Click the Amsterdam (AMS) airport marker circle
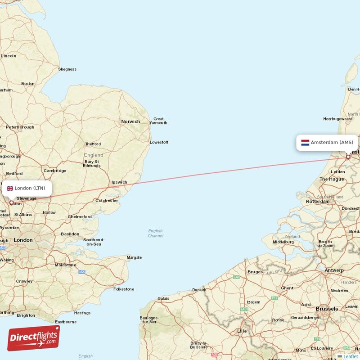point(348,157)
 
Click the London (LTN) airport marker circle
point(12,202)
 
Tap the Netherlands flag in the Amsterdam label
point(305,143)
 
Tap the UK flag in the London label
point(9,188)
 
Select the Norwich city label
point(130,121)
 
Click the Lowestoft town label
point(159,142)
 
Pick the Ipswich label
point(119,182)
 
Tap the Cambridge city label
point(55,171)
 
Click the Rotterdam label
point(317,202)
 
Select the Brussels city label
point(327,309)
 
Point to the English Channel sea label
point(155,233)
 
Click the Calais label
point(163,298)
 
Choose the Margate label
point(134,257)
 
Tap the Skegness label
point(67,69)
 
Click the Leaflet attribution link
point(351,356)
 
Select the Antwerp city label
point(334,270)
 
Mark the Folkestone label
point(123,289)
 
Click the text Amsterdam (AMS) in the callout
point(332,143)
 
